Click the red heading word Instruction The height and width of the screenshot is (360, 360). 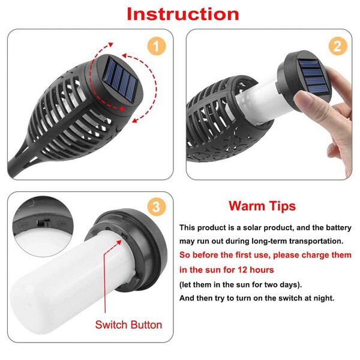182,14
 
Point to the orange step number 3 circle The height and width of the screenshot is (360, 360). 157,208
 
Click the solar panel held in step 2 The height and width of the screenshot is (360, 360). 310,75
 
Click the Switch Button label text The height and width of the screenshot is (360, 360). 128,325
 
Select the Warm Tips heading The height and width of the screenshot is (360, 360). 262,206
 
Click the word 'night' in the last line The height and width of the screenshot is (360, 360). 321,298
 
